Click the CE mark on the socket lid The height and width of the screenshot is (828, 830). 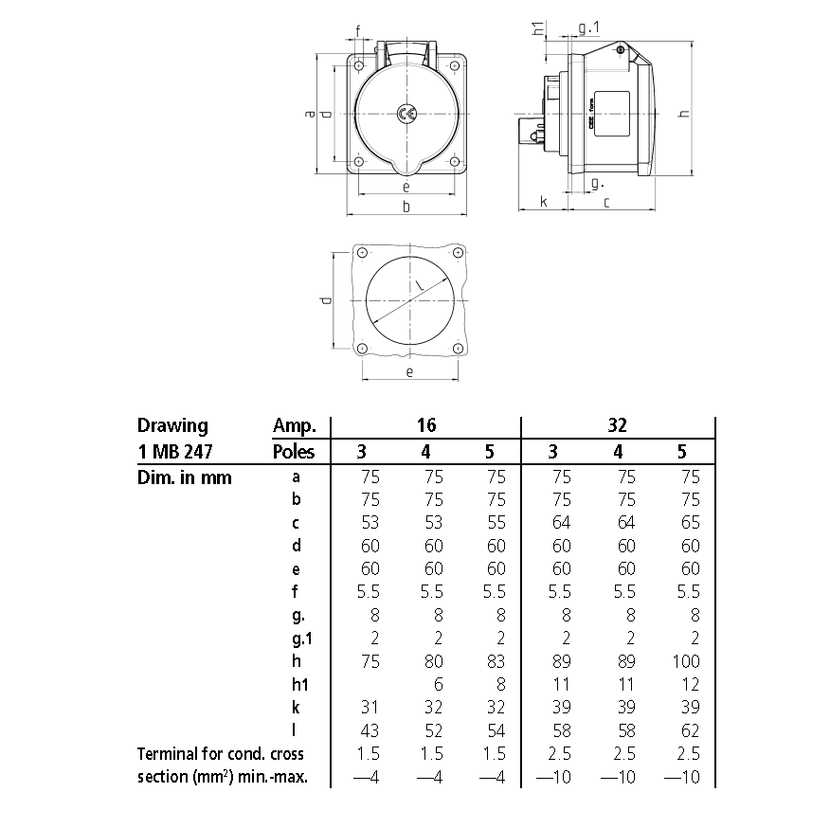406,114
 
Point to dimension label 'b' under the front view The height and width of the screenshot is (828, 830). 406,207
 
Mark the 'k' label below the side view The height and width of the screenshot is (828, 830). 543,201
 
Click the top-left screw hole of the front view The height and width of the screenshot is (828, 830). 361,66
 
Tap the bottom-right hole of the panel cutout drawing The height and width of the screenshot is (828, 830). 457,348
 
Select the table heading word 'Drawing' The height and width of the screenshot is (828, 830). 172,425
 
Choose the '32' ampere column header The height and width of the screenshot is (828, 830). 617,425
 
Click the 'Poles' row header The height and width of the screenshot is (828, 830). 294,451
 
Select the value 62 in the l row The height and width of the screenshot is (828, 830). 689,729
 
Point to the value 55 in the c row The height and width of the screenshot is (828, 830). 495,523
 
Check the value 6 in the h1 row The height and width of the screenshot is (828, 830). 435,684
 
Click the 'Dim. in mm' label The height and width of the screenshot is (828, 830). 185,477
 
